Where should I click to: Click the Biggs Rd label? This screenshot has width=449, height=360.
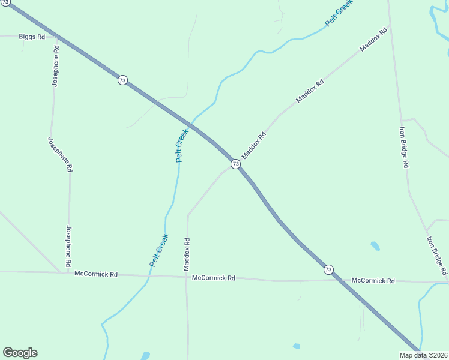pos(32,37)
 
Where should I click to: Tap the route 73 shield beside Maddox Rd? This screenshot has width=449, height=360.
pos(235,164)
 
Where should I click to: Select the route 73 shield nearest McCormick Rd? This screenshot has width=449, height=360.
pos(328,269)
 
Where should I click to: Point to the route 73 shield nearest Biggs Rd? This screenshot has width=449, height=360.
pos(122,80)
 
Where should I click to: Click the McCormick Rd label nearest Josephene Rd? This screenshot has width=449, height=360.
pos(96,274)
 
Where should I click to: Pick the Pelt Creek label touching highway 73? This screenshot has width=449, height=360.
pos(181,145)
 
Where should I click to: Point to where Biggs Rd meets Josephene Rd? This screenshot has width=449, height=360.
pos(56,37)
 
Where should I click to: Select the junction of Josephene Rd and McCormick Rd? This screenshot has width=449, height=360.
pos(67,273)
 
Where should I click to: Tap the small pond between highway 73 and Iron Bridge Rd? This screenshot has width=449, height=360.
pos(375,245)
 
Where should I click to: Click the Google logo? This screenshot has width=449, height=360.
pos(20,353)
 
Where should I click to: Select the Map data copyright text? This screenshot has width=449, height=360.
pos(423,355)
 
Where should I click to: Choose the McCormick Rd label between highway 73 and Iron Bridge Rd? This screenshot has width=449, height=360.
pos(373,281)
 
